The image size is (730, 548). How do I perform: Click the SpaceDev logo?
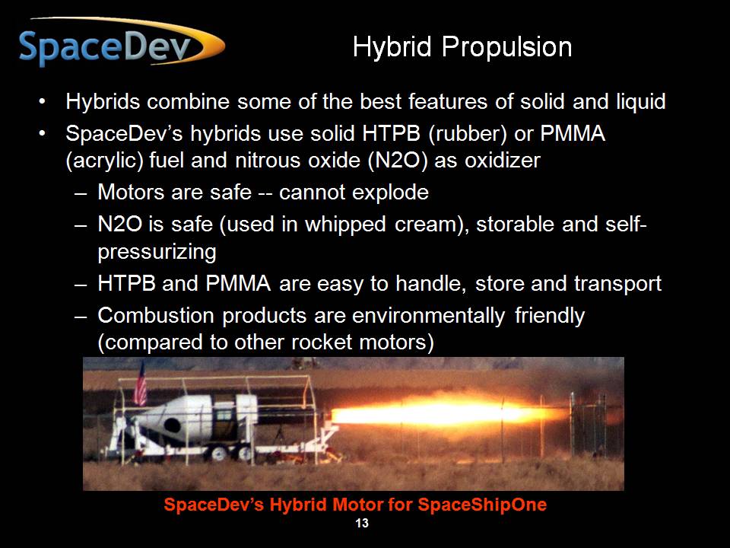(x=122, y=43)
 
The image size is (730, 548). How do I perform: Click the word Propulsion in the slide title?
(x=506, y=47)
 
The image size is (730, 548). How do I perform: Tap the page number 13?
(x=362, y=524)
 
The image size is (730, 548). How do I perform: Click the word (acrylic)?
(x=104, y=161)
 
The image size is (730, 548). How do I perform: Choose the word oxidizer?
(x=503, y=161)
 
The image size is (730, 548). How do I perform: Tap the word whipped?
(x=345, y=225)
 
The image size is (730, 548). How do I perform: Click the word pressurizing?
(x=157, y=252)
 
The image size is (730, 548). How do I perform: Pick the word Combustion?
(x=155, y=315)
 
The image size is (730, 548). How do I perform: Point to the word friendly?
(x=550, y=315)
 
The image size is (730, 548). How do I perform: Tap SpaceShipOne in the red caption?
(x=482, y=505)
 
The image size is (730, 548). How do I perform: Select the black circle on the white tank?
(x=172, y=425)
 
